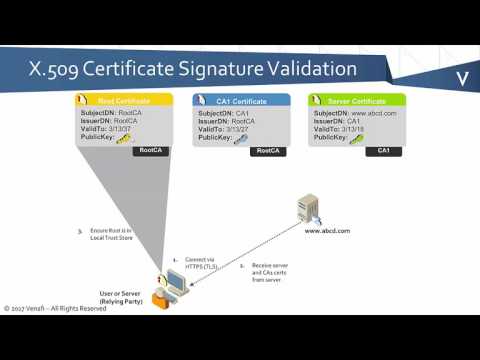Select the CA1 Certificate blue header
coord(241,100)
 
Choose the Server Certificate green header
coord(357,100)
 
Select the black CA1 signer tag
coord(382,151)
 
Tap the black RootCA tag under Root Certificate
coord(151,151)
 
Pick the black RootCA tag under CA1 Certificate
coord(267,151)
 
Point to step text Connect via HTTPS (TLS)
coord(200,263)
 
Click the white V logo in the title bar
coord(463,78)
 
